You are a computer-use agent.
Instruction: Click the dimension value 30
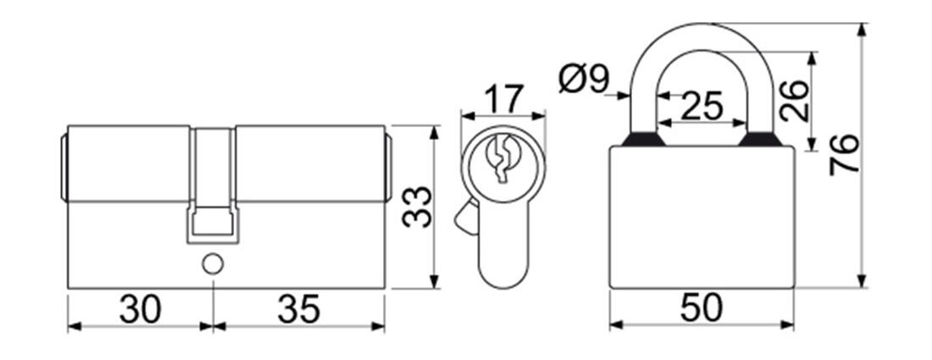click(141, 309)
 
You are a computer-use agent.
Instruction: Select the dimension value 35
click(299, 309)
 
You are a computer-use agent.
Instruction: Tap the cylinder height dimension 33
click(416, 207)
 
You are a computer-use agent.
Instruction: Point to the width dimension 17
click(502, 97)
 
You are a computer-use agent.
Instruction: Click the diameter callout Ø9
click(585, 79)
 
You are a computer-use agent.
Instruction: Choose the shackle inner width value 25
click(702, 107)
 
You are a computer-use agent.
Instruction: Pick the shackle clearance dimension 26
click(795, 101)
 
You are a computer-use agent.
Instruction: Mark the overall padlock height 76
click(845, 154)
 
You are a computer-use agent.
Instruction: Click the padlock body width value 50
click(702, 307)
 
